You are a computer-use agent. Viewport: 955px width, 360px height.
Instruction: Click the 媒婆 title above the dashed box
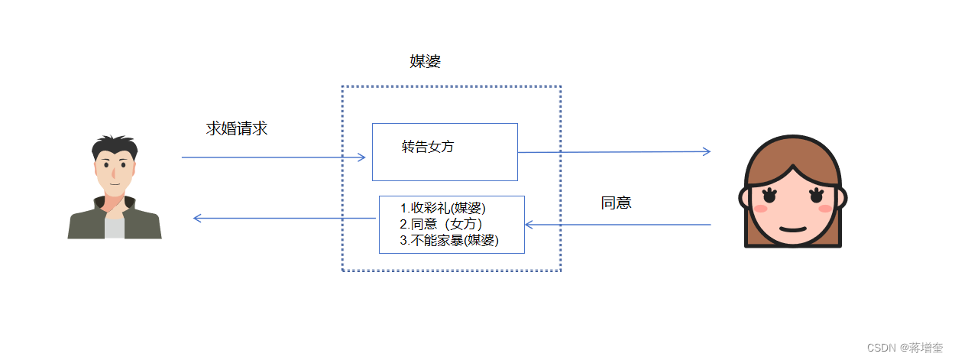click(x=425, y=63)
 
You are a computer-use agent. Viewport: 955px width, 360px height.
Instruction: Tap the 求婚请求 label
click(x=237, y=128)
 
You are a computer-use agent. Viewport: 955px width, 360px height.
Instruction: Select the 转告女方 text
click(x=428, y=147)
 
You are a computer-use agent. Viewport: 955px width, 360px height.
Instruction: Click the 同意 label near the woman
click(x=617, y=203)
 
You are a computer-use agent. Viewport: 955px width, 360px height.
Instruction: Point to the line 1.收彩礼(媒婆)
click(x=443, y=208)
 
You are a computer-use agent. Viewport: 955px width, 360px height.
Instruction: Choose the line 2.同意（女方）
click(x=441, y=224)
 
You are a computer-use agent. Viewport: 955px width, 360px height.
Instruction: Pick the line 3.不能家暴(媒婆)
click(x=449, y=240)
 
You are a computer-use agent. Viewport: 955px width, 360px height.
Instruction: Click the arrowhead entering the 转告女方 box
click(x=362, y=157)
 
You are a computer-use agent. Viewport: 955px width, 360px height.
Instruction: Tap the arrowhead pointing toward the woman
click(x=707, y=151)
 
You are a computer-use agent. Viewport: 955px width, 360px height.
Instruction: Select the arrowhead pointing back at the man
click(x=197, y=219)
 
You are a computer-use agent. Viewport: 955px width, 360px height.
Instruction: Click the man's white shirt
click(x=115, y=228)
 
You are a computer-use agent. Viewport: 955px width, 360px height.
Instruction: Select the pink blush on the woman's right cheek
click(x=825, y=209)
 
